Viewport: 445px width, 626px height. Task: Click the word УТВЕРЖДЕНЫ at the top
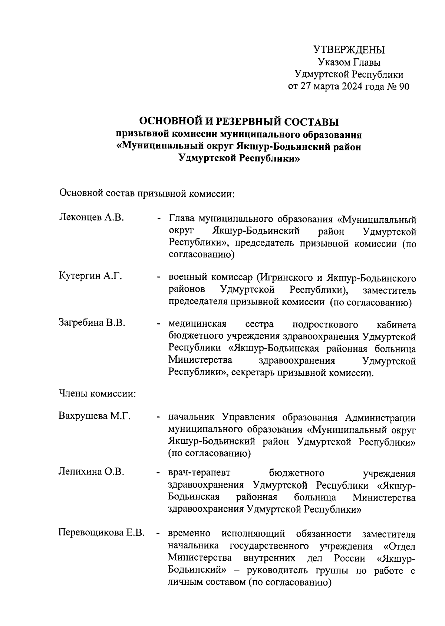point(349,49)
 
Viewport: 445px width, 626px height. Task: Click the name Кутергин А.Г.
point(90,276)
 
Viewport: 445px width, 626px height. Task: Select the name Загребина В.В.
point(92,323)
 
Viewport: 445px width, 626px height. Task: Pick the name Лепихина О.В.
point(91,472)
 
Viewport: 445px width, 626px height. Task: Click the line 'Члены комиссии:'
point(97,393)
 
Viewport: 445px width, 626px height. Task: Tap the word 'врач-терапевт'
point(199,473)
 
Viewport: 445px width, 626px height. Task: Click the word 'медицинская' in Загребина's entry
point(197,325)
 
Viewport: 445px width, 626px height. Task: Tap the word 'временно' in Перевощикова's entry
point(189,534)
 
